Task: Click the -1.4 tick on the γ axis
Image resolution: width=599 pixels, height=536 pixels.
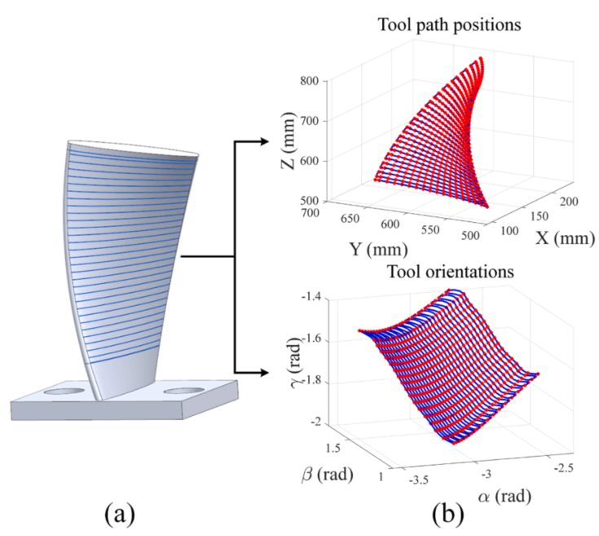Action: pos(309,300)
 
